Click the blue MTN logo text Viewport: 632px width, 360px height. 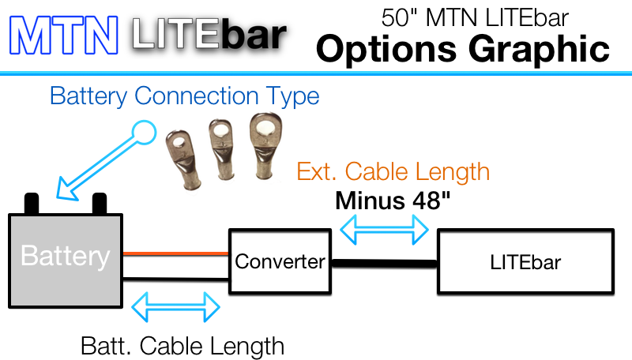pos(64,35)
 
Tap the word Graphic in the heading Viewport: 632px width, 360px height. pos(539,49)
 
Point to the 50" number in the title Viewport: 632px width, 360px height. pos(401,18)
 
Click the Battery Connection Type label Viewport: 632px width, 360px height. pos(185,96)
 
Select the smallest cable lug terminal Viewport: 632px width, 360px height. pos(184,159)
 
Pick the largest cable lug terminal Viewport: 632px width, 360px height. pos(265,145)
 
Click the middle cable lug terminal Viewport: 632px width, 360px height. pos(222,148)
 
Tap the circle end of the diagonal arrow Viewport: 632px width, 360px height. pos(144,132)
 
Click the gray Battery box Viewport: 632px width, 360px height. pos(66,261)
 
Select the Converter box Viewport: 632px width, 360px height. pos(280,261)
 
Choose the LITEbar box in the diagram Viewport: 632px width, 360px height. pos(525,261)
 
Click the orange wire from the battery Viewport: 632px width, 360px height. pos(175,253)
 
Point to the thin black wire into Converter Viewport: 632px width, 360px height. pos(175,279)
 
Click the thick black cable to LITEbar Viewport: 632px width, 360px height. pos(384,264)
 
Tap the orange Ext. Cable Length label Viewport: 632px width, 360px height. pos(393,172)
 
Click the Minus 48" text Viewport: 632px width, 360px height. pos(393,201)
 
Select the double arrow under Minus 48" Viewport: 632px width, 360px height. pos(384,230)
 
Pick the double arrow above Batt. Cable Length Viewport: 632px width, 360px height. pos(175,307)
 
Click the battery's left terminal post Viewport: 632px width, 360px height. pos(32,204)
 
